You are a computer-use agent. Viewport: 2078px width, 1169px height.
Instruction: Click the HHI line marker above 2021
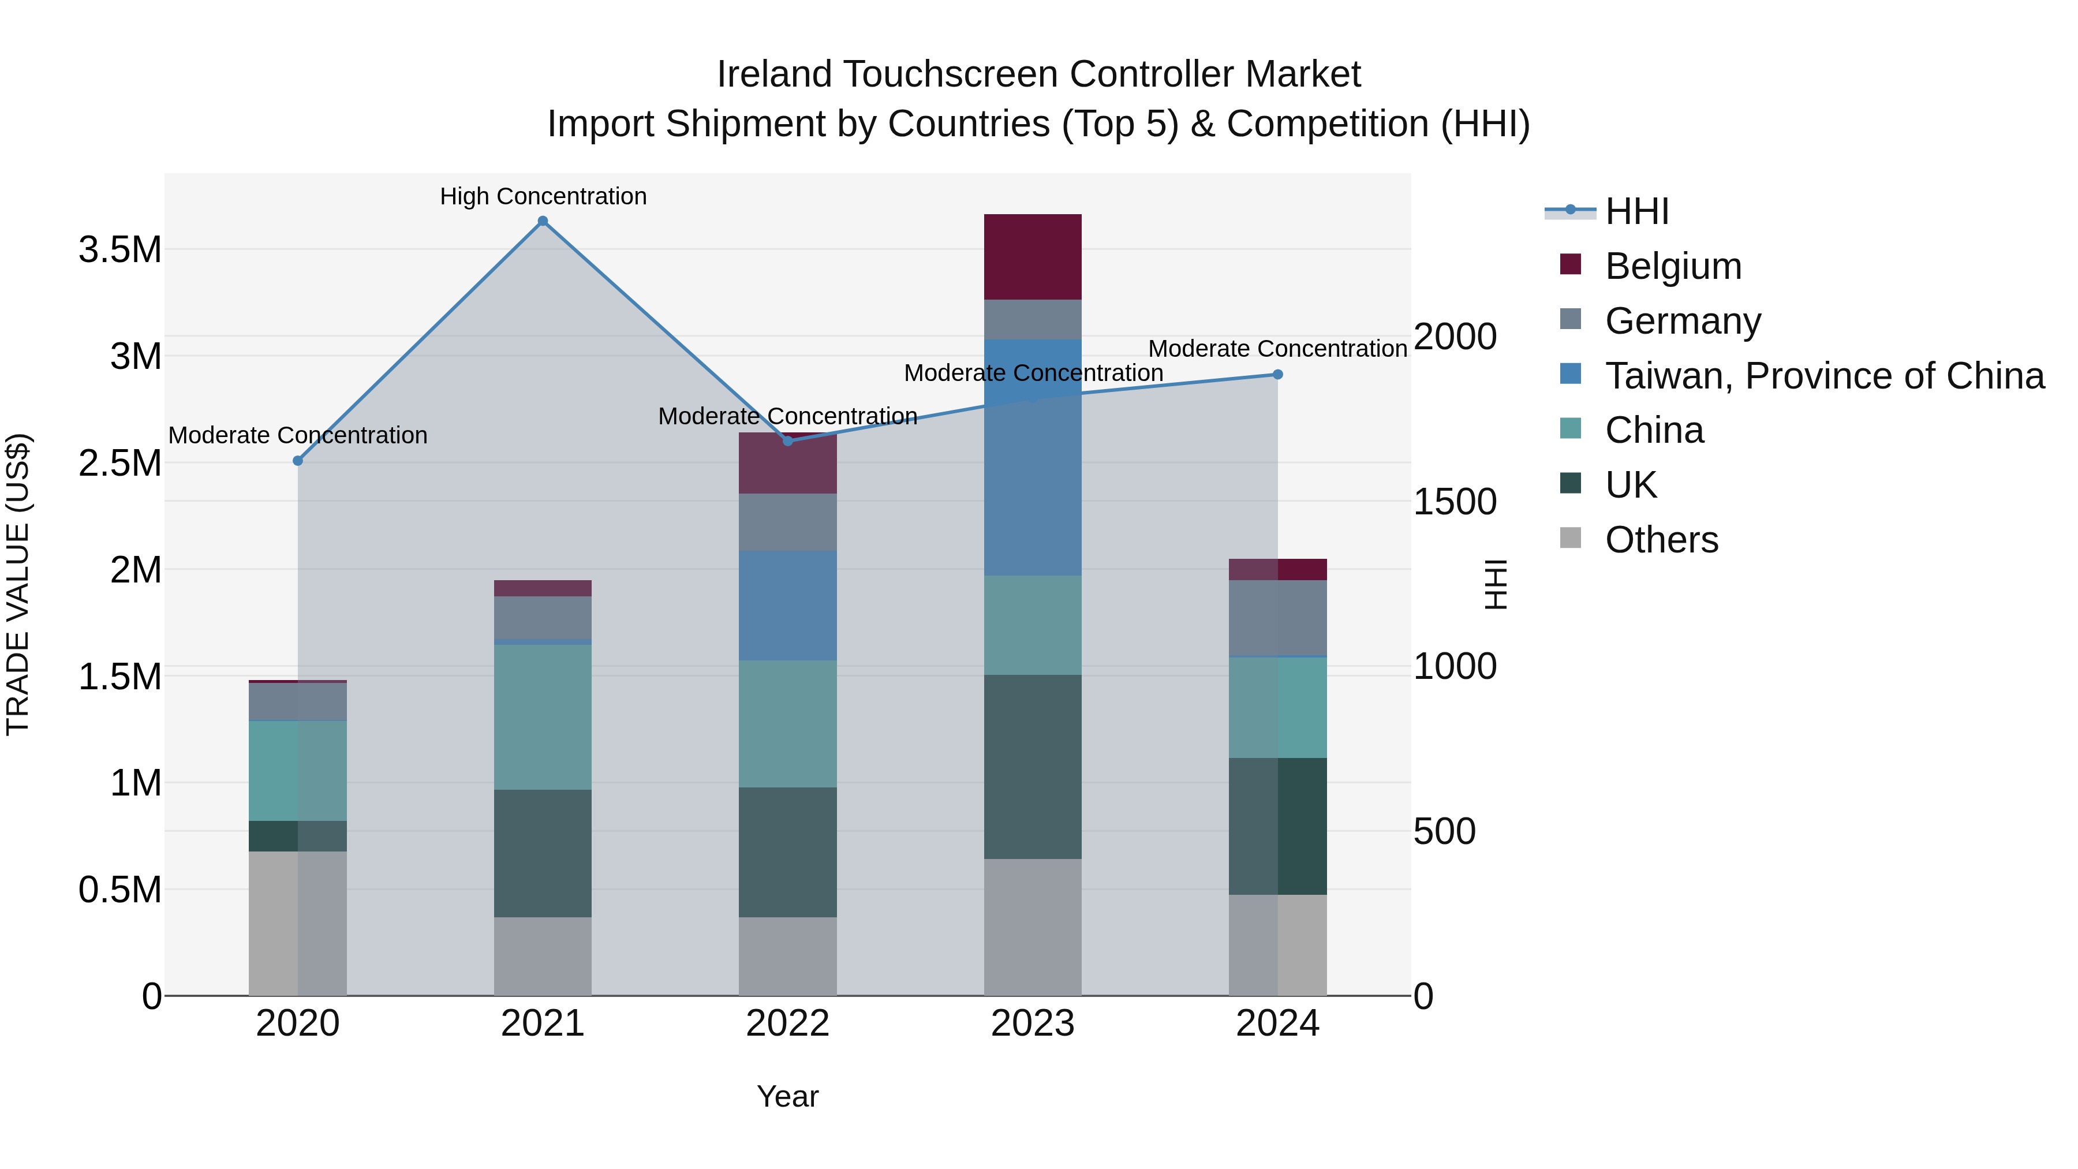point(543,221)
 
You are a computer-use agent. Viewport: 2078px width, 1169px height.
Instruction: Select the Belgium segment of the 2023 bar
point(1033,256)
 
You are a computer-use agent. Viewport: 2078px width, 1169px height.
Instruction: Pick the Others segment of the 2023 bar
point(1033,927)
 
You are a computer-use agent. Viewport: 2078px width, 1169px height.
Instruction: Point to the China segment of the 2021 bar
point(543,716)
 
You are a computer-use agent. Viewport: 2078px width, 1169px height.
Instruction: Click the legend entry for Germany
point(1682,321)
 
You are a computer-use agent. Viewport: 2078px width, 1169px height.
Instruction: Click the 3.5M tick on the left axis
point(119,250)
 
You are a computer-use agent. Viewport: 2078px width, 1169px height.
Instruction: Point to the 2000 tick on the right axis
point(1455,337)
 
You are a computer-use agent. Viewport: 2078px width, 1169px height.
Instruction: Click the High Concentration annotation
point(543,196)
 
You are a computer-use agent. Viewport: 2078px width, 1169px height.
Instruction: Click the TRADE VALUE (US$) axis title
point(18,584)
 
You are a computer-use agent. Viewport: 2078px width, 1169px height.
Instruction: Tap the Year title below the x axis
point(787,1096)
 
